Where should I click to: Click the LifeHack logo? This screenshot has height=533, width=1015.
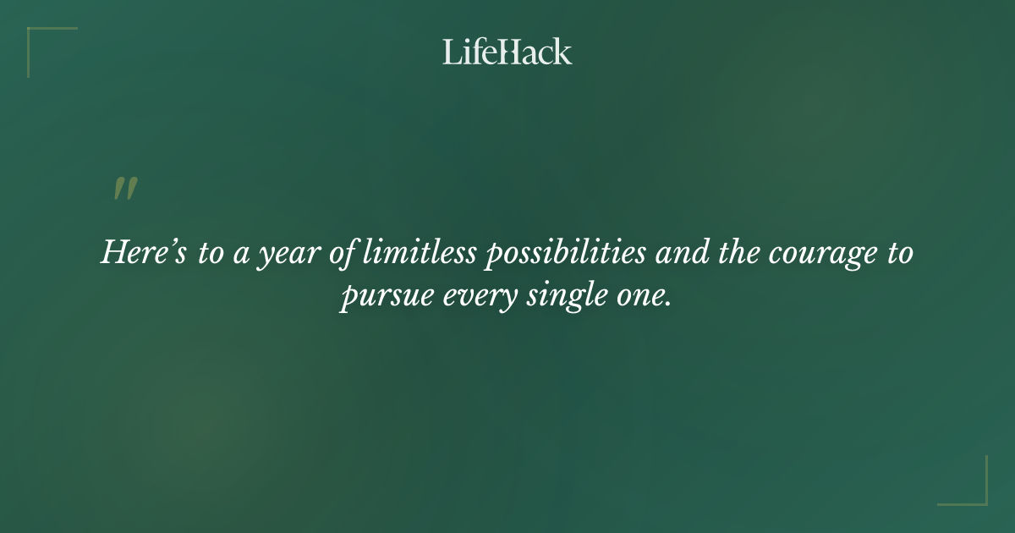[507, 52]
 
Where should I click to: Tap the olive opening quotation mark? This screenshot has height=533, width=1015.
[125, 190]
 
